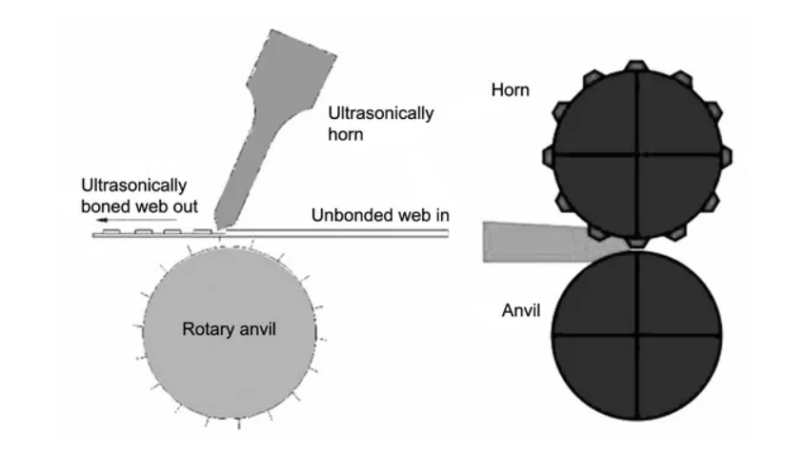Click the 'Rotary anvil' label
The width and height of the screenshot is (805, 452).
(229, 329)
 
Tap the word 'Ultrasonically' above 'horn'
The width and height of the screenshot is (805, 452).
(381, 113)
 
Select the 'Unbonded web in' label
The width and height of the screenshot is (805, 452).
(380, 215)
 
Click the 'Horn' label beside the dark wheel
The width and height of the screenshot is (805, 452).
(511, 89)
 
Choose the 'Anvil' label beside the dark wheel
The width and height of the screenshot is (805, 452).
(521, 310)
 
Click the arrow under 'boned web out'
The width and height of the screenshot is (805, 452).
(137, 220)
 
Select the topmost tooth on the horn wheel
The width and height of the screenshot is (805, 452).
(636, 66)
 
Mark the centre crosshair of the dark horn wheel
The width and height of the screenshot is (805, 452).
(637, 154)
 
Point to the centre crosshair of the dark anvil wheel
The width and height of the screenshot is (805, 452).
(637, 336)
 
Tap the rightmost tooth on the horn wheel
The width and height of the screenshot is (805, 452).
(726, 156)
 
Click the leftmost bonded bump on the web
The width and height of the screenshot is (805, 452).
(111, 232)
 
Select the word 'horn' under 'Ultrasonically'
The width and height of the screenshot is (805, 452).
(346, 134)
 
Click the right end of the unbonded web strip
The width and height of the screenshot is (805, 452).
(448, 233)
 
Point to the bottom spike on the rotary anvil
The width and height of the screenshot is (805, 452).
(239, 423)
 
